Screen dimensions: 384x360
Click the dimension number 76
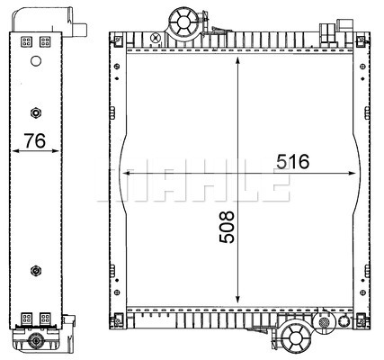click(35, 140)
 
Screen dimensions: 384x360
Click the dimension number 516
click(292, 161)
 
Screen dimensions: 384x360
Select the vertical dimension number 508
click(227, 227)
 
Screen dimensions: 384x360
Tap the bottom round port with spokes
click(296, 337)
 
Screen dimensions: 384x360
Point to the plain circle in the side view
click(36, 61)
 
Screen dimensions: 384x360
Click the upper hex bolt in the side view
click(36, 112)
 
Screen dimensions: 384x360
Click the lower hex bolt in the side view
click(36, 271)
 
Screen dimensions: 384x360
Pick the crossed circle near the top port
click(156, 38)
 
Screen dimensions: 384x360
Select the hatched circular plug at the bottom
click(324, 323)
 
